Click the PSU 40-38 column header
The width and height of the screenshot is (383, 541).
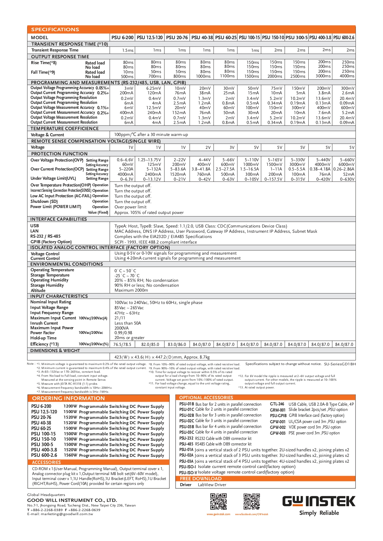[x=202, y=37]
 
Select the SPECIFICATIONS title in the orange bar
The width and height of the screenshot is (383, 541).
[x=55, y=29]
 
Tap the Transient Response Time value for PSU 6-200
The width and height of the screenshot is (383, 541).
[x=128, y=50]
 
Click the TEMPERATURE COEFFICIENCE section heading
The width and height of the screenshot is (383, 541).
[x=65, y=129]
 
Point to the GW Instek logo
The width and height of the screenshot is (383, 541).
[x=319, y=501]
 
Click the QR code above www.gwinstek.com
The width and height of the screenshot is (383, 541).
[x=219, y=502]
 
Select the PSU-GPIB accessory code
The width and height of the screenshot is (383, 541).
[x=278, y=416]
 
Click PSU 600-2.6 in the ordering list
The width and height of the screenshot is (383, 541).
[x=44, y=455]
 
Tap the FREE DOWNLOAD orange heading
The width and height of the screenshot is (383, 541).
[x=201, y=479]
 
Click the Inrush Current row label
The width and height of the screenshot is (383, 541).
[x=44, y=323]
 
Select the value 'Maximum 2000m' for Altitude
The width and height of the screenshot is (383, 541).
[x=131, y=290]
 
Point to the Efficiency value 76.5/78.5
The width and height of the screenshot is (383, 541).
[x=122, y=344]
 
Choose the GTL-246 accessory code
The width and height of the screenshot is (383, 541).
[x=277, y=404]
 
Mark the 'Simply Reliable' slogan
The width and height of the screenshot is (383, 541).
[x=319, y=513]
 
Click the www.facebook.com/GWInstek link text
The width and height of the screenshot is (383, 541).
[x=252, y=514]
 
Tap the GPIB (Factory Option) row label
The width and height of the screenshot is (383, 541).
[x=51, y=242]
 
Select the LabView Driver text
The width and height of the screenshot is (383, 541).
[x=212, y=485]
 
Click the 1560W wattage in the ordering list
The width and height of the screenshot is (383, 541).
[x=70, y=455]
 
